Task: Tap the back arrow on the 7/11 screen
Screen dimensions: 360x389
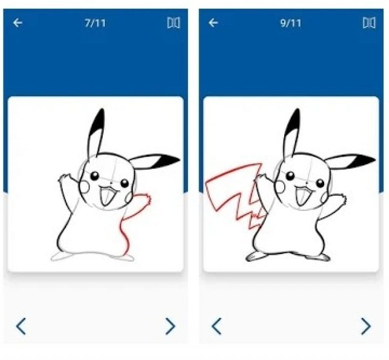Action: point(18,23)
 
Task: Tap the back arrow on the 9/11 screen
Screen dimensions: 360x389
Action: point(213,23)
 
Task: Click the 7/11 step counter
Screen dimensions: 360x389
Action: point(95,23)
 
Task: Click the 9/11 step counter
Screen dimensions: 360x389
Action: point(290,23)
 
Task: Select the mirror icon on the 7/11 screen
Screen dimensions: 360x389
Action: point(174,23)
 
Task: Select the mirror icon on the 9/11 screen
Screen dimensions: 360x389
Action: point(369,23)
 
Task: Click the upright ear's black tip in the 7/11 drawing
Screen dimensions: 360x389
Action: point(100,120)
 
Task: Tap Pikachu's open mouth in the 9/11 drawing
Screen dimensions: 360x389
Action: point(303,195)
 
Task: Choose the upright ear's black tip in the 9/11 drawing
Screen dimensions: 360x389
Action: point(295,120)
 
